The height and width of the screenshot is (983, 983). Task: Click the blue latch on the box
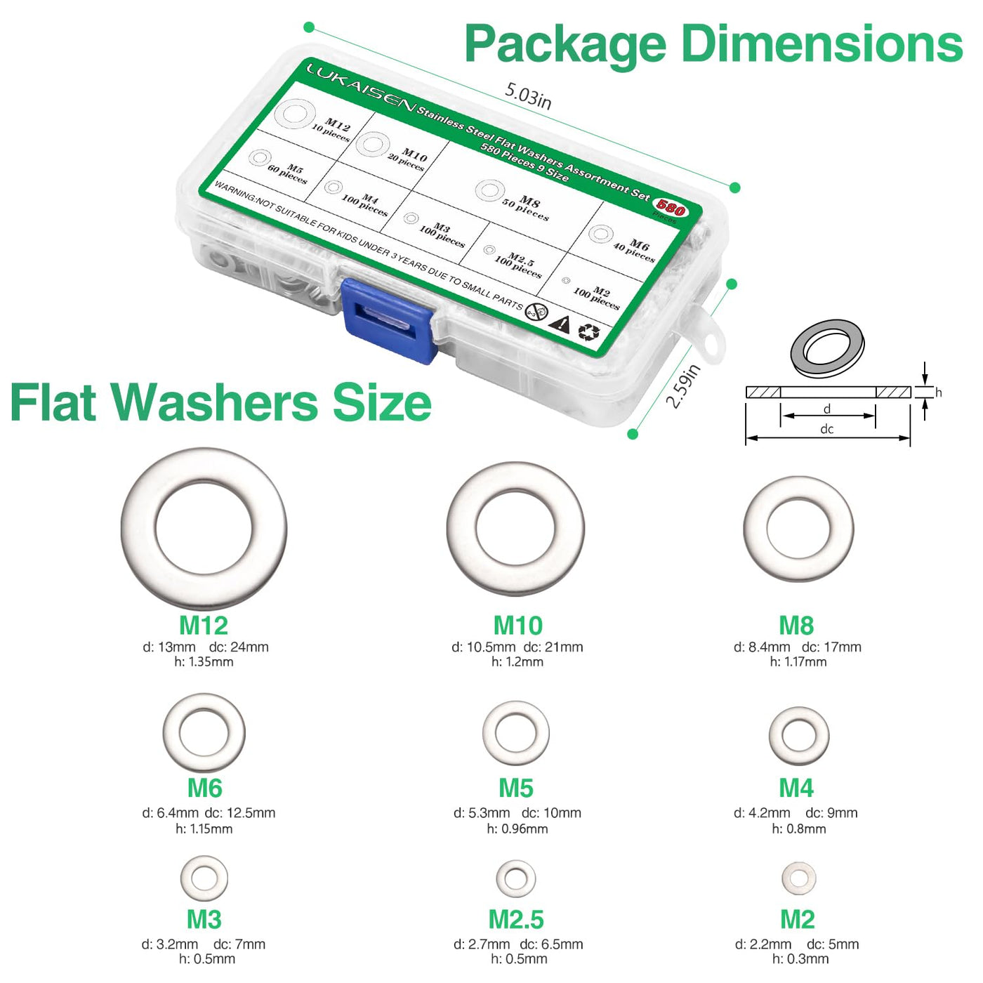389,320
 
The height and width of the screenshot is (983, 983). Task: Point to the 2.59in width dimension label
684,385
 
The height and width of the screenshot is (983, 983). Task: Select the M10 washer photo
461,529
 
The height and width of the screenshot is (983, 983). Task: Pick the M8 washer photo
755,529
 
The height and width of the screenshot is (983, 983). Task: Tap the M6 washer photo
171,732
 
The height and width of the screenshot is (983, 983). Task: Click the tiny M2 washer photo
787,878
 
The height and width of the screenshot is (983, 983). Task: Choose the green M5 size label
516,788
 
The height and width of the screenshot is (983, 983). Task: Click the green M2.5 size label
516,919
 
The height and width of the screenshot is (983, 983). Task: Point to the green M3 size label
204,919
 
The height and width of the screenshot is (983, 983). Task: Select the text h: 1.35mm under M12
204,661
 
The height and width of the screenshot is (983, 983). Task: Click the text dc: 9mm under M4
831,812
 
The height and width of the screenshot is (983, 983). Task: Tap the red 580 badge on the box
671,206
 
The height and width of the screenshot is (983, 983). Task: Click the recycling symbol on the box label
589,331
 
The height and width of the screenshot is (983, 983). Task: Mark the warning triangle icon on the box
561,324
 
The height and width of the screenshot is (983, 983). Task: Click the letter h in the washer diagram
938,392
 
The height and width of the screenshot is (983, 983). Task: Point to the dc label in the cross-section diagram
827,429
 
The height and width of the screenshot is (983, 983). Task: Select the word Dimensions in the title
822,45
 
